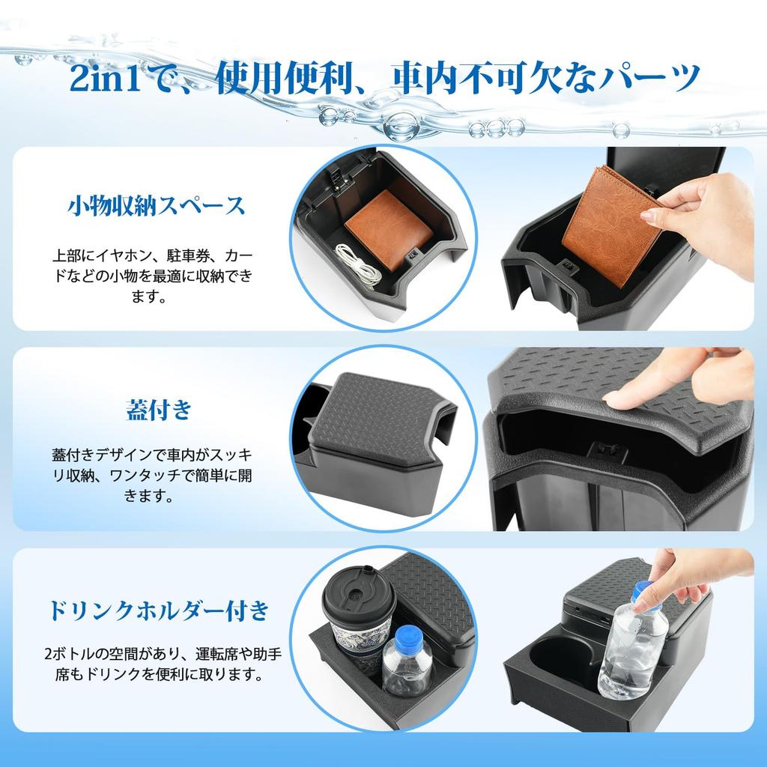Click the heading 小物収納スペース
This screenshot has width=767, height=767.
[156, 205]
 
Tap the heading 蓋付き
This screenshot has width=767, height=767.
[159, 410]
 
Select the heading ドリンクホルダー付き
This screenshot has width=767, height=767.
[159, 610]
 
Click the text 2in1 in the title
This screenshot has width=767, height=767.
[105, 77]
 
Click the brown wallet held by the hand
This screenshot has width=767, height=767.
[611, 225]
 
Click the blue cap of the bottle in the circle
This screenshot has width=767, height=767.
[408, 639]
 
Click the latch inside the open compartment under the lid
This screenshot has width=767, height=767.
[609, 451]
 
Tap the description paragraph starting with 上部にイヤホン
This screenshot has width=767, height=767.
[153, 276]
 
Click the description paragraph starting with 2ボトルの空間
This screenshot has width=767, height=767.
[163, 664]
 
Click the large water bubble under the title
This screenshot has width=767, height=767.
[401, 125]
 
